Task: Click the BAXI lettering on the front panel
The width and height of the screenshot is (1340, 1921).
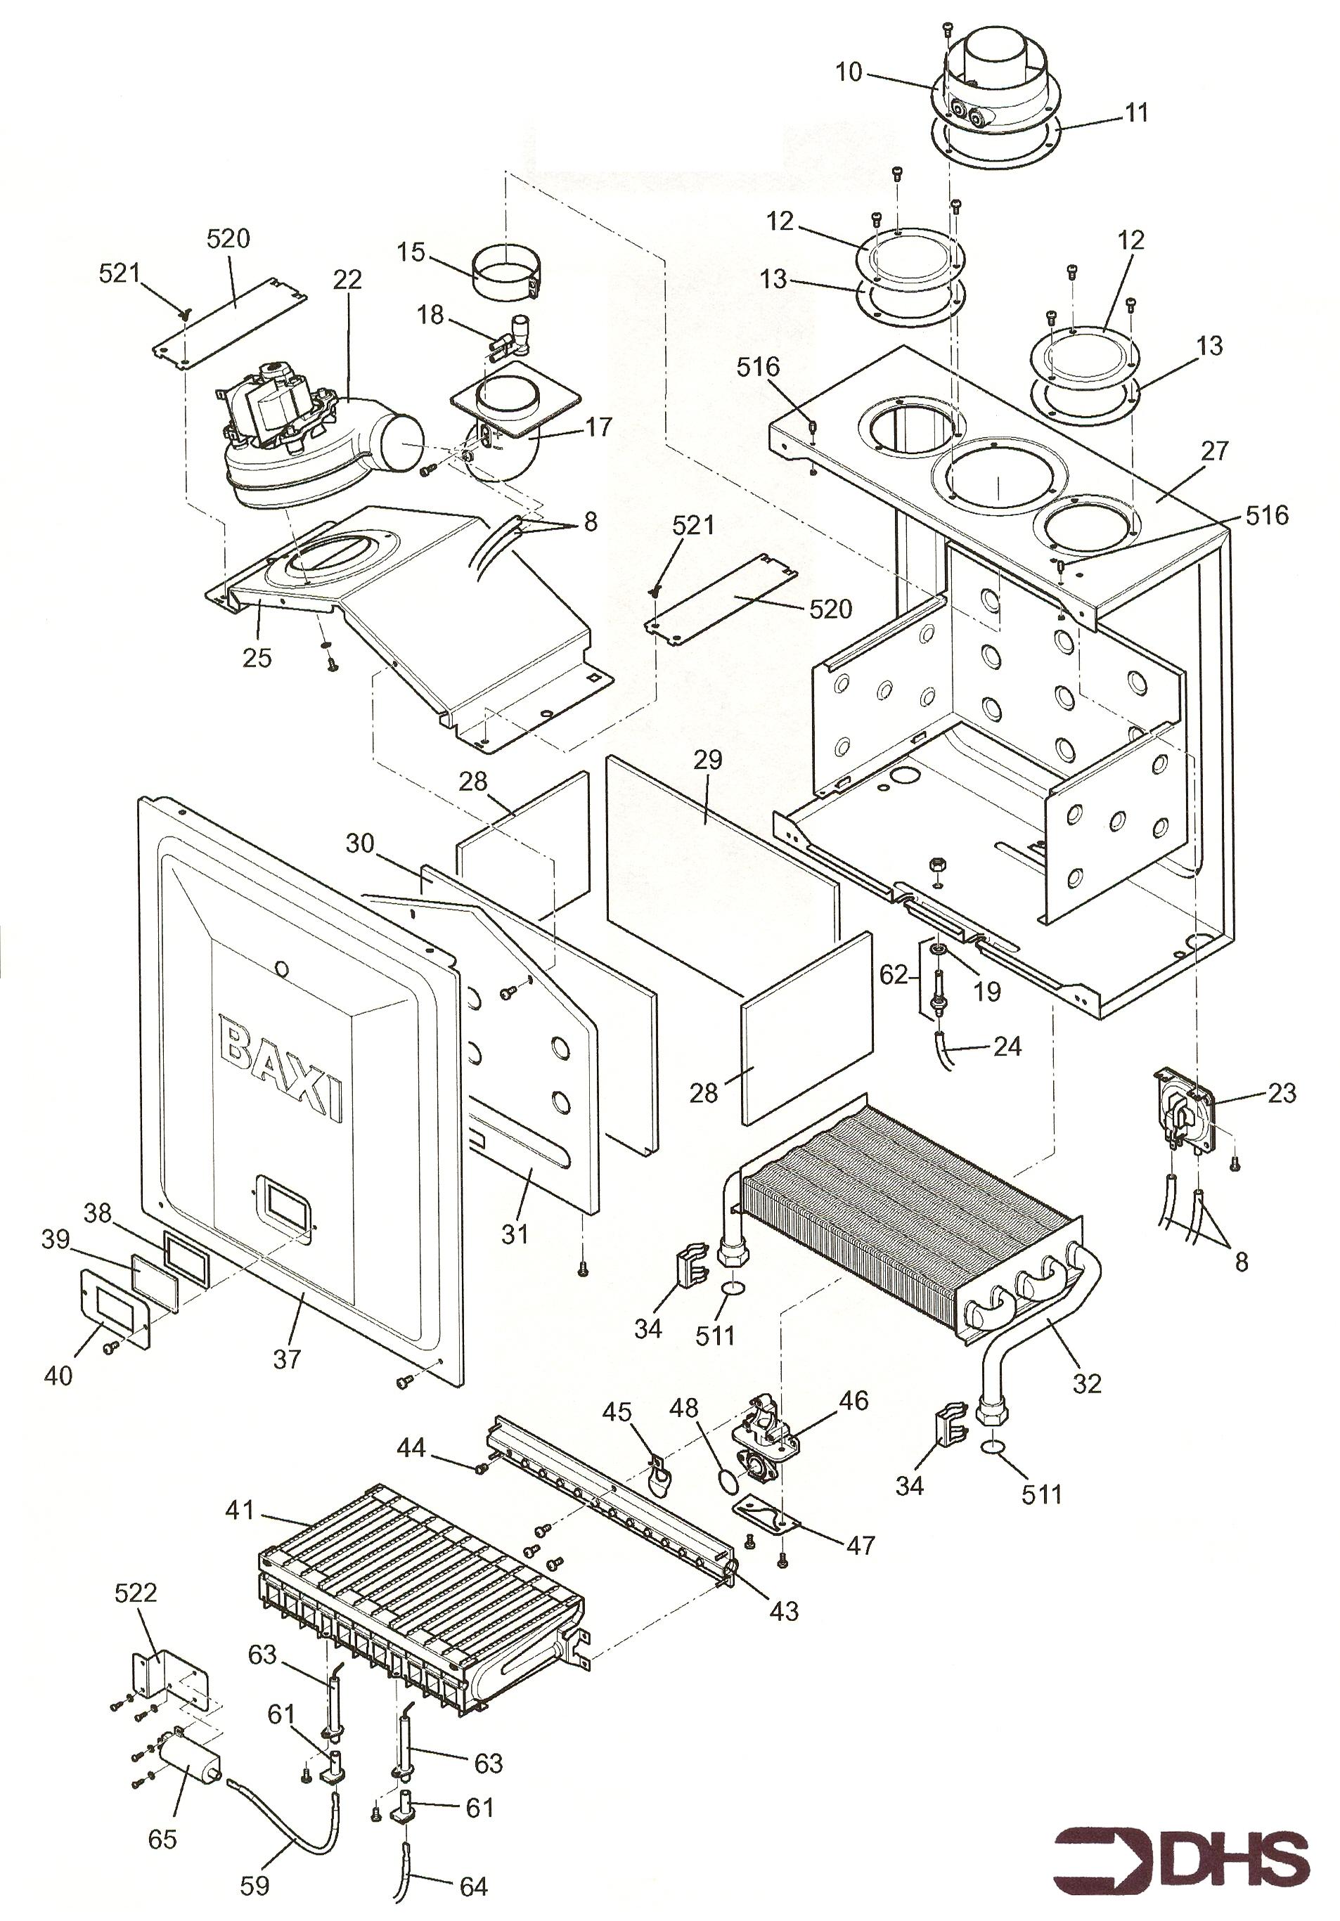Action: tap(281, 1067)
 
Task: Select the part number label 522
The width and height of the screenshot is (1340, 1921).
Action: tap(136, 1591)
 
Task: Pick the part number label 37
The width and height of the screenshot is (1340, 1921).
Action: tap(286, 1359)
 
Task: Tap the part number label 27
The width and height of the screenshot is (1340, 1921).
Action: tap(1213, 451)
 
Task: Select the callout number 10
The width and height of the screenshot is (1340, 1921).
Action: tap(849, 73)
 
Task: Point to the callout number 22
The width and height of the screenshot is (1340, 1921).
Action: tap(347, 280)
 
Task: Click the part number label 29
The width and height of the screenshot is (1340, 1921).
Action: tap(707, 760)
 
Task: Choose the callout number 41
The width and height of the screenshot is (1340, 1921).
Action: tap(239, 1511)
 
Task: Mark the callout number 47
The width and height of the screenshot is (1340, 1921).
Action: tap(861, 1544)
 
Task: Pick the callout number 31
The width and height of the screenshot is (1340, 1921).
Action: tap(515, 1234)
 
